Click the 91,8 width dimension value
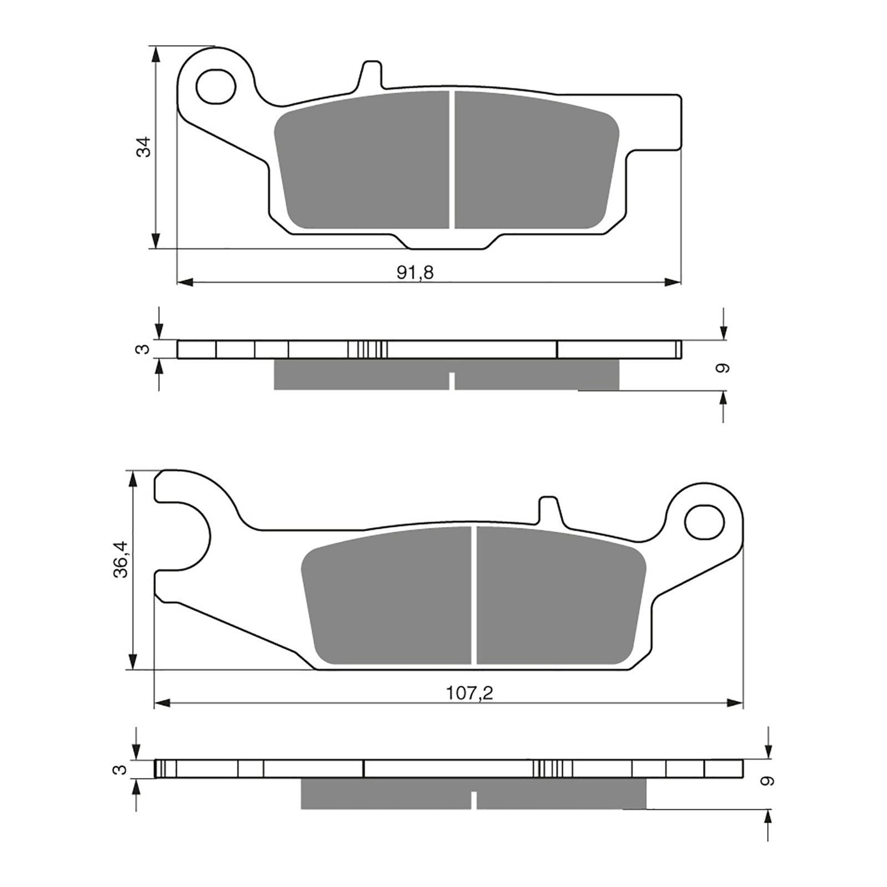pyautogui.click(x=415, y=272)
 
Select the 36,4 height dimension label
pyautogui.click(x=121, y=559)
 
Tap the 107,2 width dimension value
pyautogui.click(x=470, y=693)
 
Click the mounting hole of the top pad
pyautogui.click(x=216, y=86)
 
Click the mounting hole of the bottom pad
pyautogui.click(x=705, y=521)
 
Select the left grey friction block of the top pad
pyautogui.click(x=364, y=161)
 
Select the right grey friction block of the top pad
pyautogui.click(x=535, y=161)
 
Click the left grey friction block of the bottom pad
pyautogui.click(x=388, y=596)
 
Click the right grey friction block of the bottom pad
pyautogui.click(x=560, y=596)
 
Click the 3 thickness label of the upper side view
pyautogui.click(x=144, y=349)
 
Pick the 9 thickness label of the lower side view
pyautogui.click(x=767, y=781)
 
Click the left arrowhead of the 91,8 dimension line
pyautogui.click(x=185, y=283)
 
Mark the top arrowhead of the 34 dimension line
pyautogui.click(x=157, y=54)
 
